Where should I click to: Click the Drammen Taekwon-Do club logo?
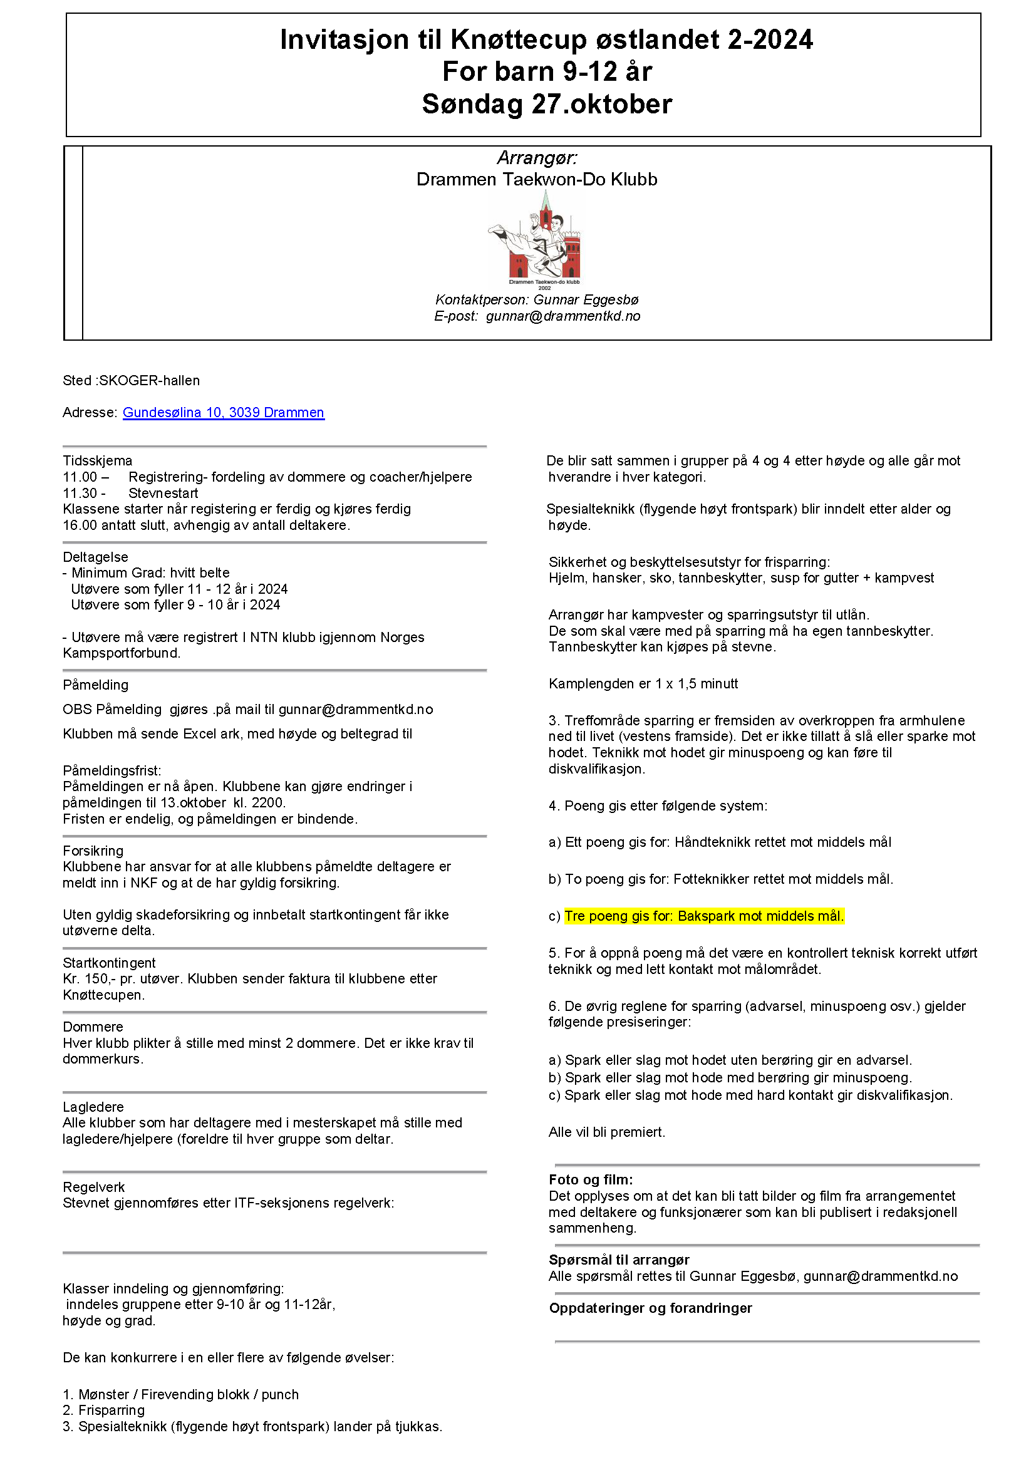[537, 239]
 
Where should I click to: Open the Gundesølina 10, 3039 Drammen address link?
[223, 412]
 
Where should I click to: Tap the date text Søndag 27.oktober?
[547, 104]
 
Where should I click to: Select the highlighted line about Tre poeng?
[703, 916]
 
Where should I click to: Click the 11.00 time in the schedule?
[80, 477]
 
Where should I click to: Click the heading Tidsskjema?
[97, 461]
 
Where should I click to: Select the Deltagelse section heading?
[95, 557]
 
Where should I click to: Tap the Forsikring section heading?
[93, 851]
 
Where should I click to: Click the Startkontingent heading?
[109, 963]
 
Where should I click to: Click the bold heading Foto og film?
[591, 1179]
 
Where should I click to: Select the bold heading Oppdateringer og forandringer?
[650, 1308]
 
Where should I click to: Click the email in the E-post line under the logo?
[562, 316]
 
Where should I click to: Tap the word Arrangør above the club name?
[537, 158]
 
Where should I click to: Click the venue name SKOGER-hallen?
[149, 380]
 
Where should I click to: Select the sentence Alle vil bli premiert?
[606, 1132]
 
